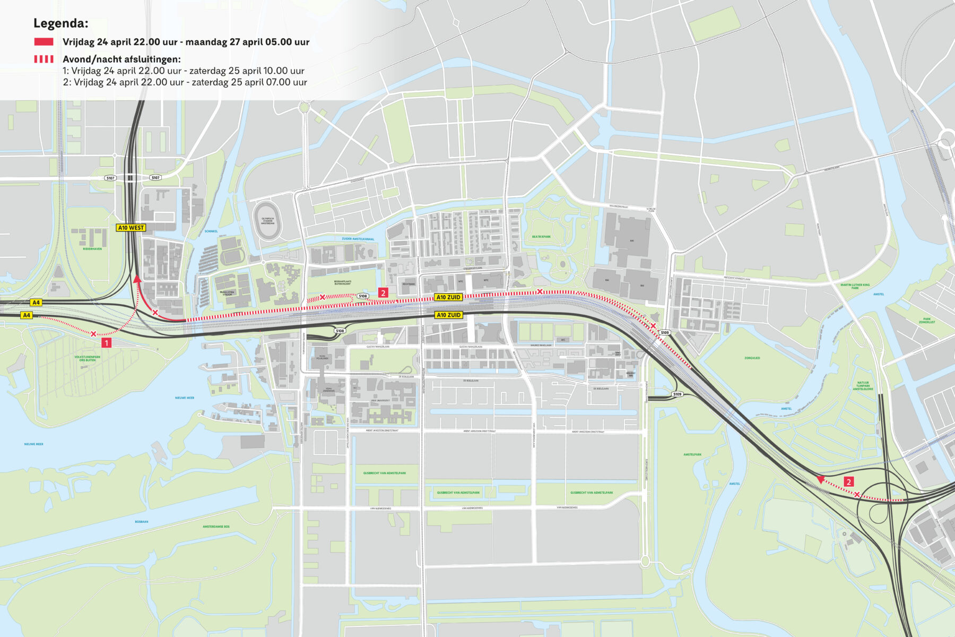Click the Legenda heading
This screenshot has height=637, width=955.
tap(60, 23)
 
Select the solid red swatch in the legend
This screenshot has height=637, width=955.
tap(44, 42)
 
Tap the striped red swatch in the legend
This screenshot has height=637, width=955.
tap(44, 59)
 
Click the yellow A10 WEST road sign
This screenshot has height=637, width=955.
tap(131, 228)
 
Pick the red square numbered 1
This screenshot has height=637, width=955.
tap(106, 343)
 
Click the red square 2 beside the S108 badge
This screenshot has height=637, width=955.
tap(383, 292)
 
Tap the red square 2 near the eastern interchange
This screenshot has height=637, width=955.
tap(849, 482)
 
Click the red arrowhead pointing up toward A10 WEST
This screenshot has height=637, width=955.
tap(137, 278)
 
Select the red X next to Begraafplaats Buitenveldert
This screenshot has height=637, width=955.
tap(322, 297)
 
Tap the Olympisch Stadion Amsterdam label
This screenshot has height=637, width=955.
tap(267, 221)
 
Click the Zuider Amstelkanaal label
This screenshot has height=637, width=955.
tap(358, 239)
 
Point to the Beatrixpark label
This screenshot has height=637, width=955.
tap(541, 237)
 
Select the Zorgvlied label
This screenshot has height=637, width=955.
tap(752, 358)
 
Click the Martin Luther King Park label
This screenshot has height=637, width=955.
tap(855, 286)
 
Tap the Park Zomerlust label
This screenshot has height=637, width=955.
tap(926, 321)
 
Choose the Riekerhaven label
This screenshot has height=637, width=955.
tap(92, 248)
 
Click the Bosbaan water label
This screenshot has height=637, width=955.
tap(141, 521)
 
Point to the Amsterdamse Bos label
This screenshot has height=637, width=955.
tap(216, 527)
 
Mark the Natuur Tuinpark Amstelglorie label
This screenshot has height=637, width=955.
tap(863, 386)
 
